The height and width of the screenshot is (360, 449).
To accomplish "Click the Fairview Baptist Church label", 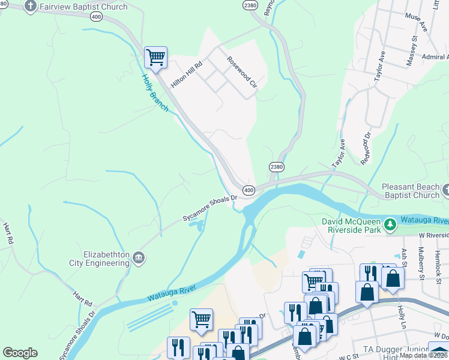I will tap(83, 7).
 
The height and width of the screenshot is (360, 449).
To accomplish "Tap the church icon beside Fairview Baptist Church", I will tap(30, 6).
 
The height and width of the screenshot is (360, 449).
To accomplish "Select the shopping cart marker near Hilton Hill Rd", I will tap(155, 58).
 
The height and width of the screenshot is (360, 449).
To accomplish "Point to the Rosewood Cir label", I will tap(241, 73).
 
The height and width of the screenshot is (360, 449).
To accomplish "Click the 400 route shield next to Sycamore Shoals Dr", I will tap(249, 190).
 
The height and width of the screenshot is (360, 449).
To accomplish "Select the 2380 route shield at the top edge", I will tap(250, 5).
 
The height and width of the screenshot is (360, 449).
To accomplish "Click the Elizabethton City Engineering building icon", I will tap(139, 258).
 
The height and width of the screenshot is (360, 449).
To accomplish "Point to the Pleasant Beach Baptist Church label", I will tap(411, 191).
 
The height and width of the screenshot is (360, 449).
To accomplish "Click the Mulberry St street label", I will tap(421, 260).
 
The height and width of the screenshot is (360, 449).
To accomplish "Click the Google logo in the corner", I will tap(20, 352).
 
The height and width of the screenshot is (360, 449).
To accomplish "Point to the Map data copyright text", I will tap(424, 355).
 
